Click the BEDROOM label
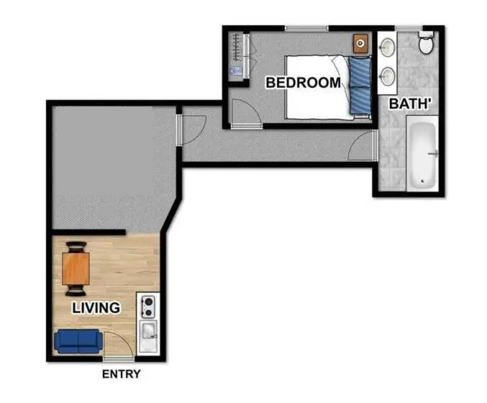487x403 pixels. tap(304, 83)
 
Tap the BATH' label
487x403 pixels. tap(409, 104)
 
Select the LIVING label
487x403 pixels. tap(96, 308)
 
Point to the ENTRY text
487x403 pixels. tap(121, 374)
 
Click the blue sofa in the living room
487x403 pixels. tap(78, 341)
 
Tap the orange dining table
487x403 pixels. tap(76, 268)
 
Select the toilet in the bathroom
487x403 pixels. tap(426, 43)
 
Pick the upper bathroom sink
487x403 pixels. tap(388, 47)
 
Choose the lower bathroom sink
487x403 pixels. tap(388, 76)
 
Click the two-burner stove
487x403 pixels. tap(148, 307)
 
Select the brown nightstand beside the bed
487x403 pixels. tap(360, 43)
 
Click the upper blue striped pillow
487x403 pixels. tap(360, 72)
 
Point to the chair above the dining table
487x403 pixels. tap(76, 247)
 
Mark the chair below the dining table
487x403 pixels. tap(76, 291)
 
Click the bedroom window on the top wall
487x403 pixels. tap(306, 29)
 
